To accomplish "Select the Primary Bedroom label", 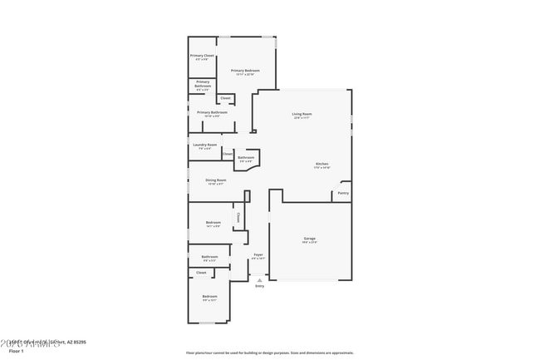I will click(x=245, y=71).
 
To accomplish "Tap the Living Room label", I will click(x=302, y=114).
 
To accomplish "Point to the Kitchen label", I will click(x=322, y=164).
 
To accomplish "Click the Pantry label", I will click(x=342, y=193).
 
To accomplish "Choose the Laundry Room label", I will click(x=204, y=145).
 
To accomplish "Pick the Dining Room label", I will click(x=215, y=180).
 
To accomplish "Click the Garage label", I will click(x=309, y=238).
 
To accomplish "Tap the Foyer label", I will click(x=258, y=254).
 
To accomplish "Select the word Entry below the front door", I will click(x=259, y=286).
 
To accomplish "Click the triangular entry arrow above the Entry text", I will click(x=259, y=279).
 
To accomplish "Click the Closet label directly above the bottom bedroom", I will click(x=201, y=272).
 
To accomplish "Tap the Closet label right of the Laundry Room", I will click(x=228, y=154).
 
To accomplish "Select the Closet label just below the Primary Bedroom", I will click(x=225, y=97).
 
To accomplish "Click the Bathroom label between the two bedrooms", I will click(x=209, y=257).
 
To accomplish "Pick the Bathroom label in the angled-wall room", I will click(x=246, y=157).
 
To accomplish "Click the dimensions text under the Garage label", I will click(x=309, y=242).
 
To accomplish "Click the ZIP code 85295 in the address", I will click(x=80, y=341).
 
